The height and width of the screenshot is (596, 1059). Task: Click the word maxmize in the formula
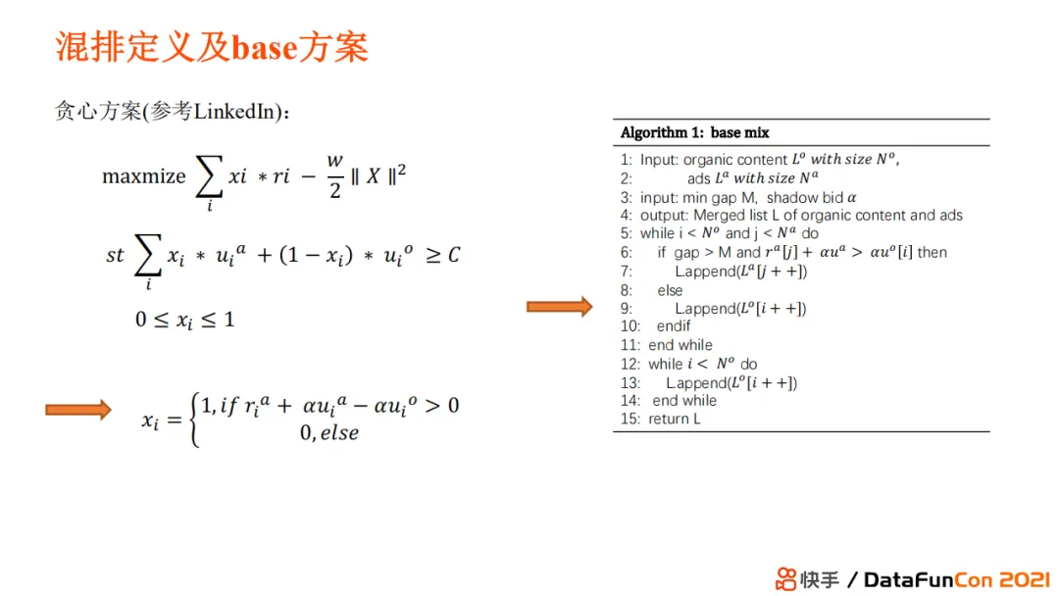144,176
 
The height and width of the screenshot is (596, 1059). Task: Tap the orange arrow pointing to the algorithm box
559,307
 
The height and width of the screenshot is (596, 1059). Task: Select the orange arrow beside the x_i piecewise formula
78,410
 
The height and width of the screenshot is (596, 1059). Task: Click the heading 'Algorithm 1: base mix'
695,132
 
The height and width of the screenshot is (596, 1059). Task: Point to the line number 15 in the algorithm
630,420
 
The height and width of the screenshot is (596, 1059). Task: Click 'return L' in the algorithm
674,420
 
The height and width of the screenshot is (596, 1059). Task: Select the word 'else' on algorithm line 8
670,290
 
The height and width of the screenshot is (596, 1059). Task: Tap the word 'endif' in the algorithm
674,326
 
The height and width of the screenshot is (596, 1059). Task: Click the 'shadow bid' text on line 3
804,198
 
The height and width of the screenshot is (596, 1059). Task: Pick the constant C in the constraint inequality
454,255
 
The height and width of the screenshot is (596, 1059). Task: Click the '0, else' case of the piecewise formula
329,432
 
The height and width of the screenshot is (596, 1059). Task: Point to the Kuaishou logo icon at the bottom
785,579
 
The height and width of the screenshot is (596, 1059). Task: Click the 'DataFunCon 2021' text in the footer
956,579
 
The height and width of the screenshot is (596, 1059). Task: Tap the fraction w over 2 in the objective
335,176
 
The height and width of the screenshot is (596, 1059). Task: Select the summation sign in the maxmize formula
209,176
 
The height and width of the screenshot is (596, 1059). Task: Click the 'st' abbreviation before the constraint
115,255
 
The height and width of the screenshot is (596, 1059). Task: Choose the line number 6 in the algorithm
626,253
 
